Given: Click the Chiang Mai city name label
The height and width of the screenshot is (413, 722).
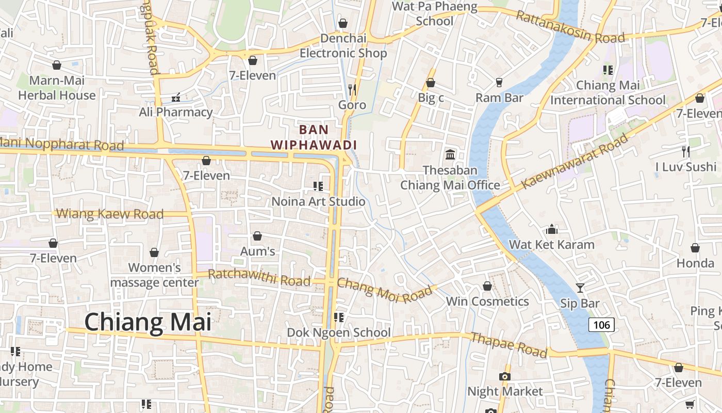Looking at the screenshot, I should pos(148,322).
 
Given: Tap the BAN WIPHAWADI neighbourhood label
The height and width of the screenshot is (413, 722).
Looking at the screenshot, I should pos(314,137).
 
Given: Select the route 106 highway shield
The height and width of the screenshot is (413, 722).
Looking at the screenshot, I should pos(601,325).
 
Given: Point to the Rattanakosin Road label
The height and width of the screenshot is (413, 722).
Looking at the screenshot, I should pos(570,27).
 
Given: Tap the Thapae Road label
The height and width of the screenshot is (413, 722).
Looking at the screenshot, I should pos(508,344).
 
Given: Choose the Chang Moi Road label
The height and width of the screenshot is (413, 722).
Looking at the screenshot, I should pos(385,290).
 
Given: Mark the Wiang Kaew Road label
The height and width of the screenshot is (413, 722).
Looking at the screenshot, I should pos(109,213).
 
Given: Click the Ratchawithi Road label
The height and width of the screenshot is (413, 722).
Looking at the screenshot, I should pos(259,277).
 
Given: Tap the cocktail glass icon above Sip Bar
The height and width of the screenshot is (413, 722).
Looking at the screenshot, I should pos(580,288).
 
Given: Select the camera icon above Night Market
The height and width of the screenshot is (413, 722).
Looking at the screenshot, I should pos(505,376).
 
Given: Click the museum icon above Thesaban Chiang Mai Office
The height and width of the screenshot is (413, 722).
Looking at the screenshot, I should pos(450,154).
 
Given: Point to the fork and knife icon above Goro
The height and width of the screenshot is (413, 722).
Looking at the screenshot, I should pos(352,89).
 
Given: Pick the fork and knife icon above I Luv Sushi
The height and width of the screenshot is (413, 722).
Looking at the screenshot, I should pos(686,151).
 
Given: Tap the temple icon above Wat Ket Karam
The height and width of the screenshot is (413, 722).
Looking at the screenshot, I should pos(552,229).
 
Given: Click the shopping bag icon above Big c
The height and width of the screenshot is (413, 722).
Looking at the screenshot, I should pos(431,83).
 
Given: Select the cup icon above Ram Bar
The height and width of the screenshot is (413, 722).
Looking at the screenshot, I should pos(499,82).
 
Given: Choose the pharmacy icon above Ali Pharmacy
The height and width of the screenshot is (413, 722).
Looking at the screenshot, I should pos(176,97).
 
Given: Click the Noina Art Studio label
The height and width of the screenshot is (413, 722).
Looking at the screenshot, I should pos(318,201).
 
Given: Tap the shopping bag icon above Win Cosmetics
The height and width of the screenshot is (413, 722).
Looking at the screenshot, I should pos(487,286).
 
